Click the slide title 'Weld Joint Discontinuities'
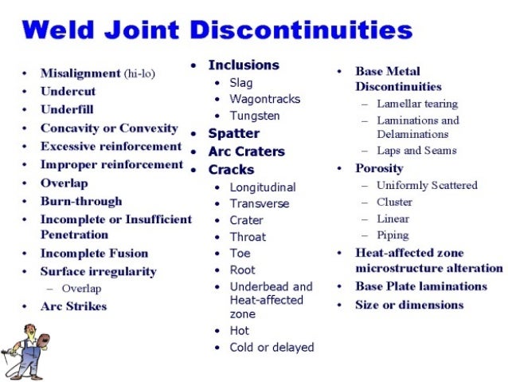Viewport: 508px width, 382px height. point(217,31)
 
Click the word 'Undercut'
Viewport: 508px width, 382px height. point(68,92)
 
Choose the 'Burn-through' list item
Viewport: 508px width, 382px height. point(81,202)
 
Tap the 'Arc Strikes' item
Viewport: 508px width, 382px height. point(73,306)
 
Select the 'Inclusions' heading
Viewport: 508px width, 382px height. point(244,65)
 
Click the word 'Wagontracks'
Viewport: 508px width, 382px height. point(265,99)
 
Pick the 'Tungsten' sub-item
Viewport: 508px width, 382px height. point(254,116)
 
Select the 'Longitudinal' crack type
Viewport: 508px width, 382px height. point(263,187)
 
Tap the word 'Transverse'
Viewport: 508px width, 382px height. point(260,203)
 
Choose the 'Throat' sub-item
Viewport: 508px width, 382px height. point(248,237)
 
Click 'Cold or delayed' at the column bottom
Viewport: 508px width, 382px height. point(272,348)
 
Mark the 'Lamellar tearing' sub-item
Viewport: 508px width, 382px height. point(417,104)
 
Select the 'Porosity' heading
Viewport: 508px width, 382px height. point(379,168)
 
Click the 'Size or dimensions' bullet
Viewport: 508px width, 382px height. point(409,305)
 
